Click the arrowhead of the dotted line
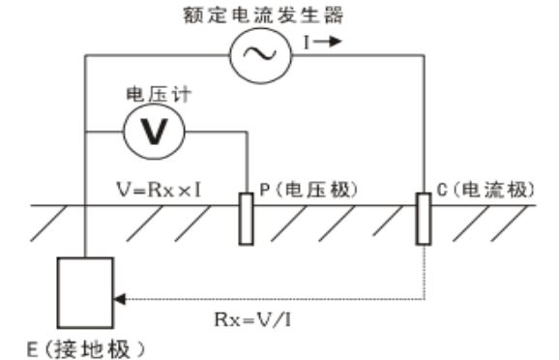click(120, 296)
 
